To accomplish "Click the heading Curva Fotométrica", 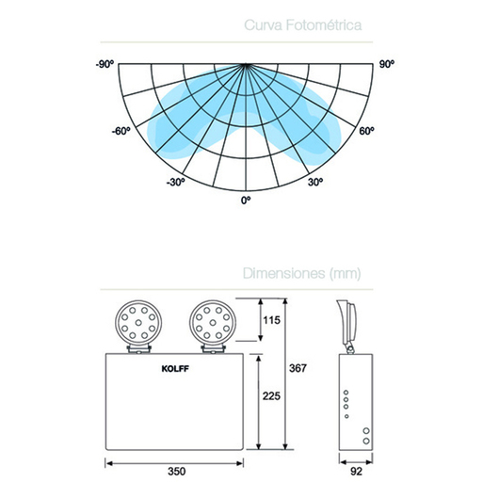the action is (302, 25).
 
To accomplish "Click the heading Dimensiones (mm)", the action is (301, 273).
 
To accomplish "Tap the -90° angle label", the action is (105, 64).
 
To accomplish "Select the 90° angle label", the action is (387, 64).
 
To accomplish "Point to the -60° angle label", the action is (121, 131).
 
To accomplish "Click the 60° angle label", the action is (366, 131).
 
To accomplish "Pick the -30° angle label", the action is (175, 183).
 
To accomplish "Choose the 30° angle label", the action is (315, 183).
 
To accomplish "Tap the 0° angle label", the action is (246, 201).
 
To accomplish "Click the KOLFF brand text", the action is (175, 369).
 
